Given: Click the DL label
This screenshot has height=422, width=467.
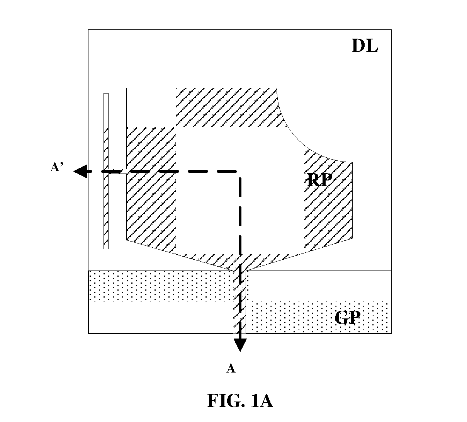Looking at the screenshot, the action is (365, 46).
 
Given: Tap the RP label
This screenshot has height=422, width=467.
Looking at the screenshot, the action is (319, 180).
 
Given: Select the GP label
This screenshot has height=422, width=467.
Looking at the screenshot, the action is (347, 317).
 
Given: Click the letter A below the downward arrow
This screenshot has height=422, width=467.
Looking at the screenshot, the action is (231, 369).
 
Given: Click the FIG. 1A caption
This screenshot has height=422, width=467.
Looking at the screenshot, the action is (240, 400).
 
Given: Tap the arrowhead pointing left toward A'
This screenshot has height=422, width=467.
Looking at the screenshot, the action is (80, 171).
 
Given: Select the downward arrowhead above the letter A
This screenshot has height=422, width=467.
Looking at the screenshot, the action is (240, 345).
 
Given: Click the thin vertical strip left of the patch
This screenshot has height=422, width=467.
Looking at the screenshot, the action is (106, 171).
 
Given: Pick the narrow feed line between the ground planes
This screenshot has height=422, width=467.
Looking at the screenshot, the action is (239, 302).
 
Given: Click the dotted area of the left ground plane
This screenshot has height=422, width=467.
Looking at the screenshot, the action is (161, 286).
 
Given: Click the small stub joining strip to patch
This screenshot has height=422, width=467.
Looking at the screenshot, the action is (117, 171).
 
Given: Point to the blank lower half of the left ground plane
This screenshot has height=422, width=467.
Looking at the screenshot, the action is (161, 317).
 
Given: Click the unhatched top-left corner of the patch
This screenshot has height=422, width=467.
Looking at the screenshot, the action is (151, 107).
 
